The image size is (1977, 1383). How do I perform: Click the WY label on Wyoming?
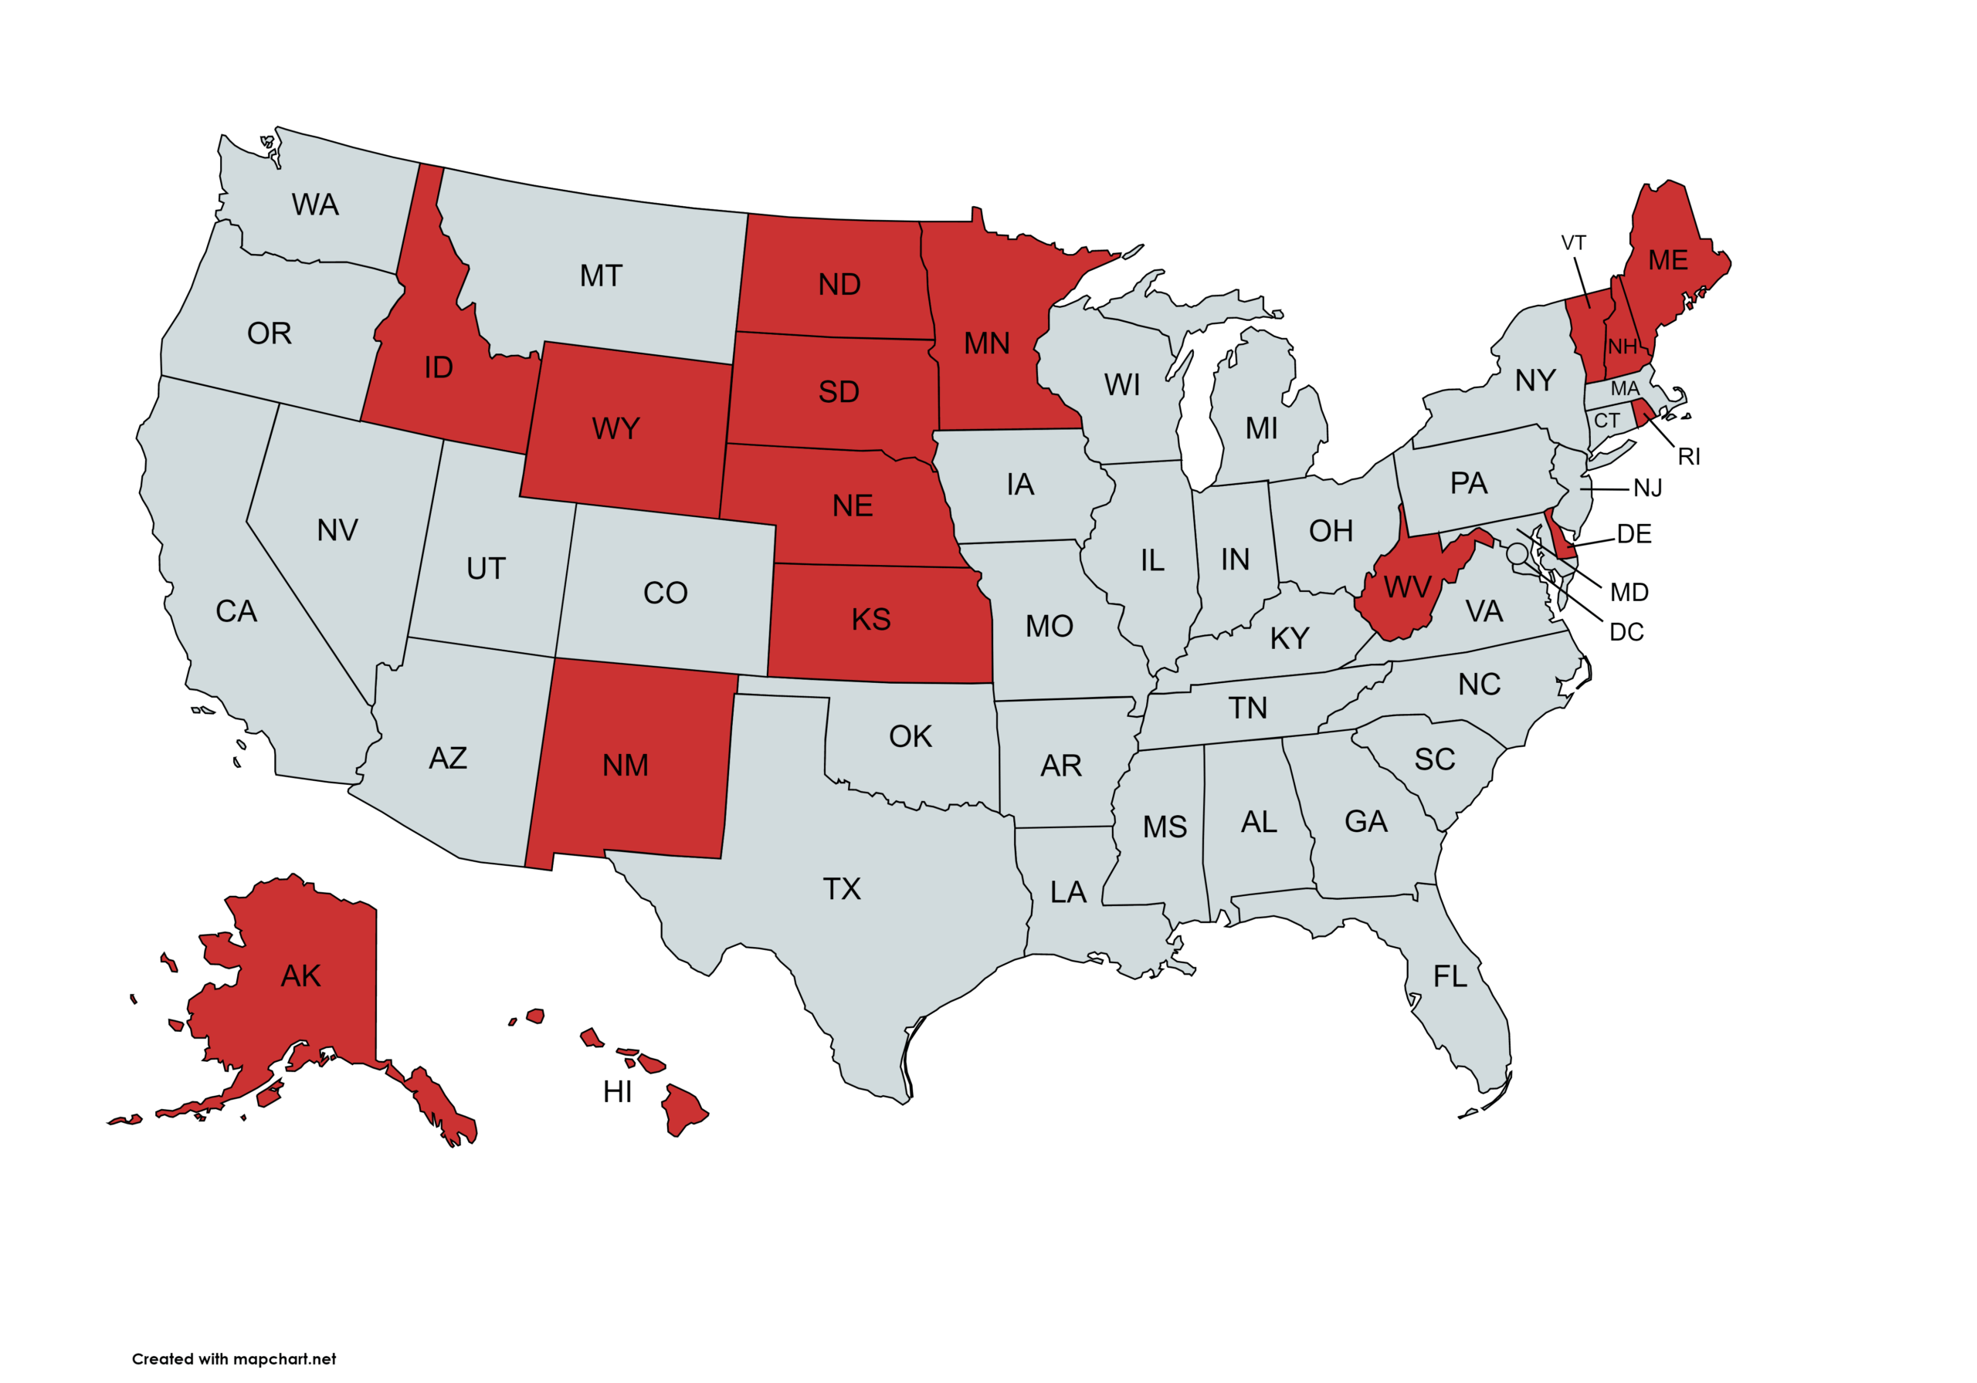coord(615,428)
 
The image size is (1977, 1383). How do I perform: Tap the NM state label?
coord(625,765)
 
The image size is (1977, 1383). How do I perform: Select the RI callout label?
coord(1688,457)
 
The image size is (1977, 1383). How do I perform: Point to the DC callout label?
coord(1626,633)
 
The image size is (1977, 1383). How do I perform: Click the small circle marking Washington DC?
coord(1518,553)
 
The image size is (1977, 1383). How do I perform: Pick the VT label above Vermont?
coord(1573,244)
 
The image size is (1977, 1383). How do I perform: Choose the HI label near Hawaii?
coord(617,1092)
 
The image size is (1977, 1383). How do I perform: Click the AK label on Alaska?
coord(300,976)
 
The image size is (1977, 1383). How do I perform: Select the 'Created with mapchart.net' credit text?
coord(233,1359)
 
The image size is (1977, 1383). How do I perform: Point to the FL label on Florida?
coord(1450,977)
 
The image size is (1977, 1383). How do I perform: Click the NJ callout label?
coord(1647,489)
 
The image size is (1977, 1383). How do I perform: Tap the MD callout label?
coord(1629,593)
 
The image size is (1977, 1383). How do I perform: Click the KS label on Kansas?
coord(870,620)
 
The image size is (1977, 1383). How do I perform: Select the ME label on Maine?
coord(1668,261)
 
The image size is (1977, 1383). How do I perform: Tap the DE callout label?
coord(1634,534)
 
